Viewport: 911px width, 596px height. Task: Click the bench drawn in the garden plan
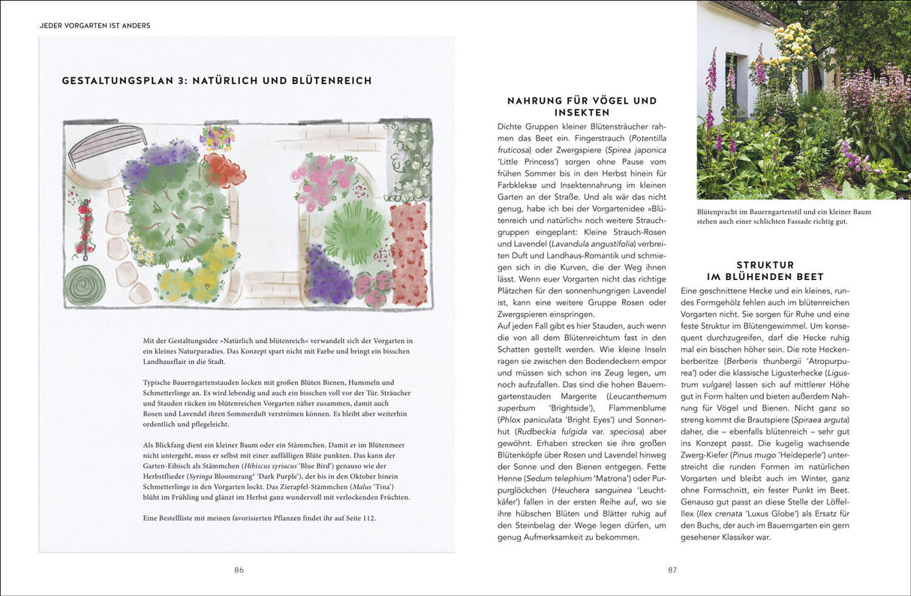pyautogui.click(x=106, y=143)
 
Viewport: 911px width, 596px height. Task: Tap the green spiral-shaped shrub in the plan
pyautogui.click(x=84, y=284)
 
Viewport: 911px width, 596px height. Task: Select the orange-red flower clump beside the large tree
pyautogui.click(x=224, y=170)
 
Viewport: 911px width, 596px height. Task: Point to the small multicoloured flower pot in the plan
pyautogui.click(x=217, y=137)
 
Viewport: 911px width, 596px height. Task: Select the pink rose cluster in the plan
pyautogui.click(x=325, y=179)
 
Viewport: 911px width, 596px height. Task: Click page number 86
pyautogui.click(x=239, y=570)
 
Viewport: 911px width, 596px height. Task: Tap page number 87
pyautogui.click(x=672, y=570)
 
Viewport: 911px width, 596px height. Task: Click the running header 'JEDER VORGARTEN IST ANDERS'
pyautogui.click(x=95, y=26)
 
